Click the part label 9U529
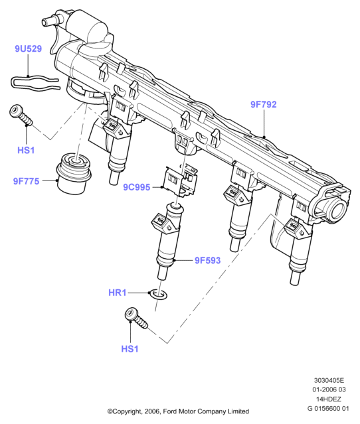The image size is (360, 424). pyautogui.click(x=28, y=48)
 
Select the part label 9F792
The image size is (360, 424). pyautogui.click(x=264, y=104)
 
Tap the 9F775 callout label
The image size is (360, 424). pyautogui.click(x=27, y=181)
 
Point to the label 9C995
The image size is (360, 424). pyautogui.click(x=137, y=187)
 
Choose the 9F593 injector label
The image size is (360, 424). pyautogui.click(x=208, y=260)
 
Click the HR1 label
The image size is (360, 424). pyautogui.click(x=118, y=293)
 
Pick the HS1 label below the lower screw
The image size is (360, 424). pyautogui.click(x=130, y=349)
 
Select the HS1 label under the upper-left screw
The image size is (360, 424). pyautogui.click(x=26, y=150)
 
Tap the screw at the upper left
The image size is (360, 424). pyautogui.click(x=21, y=115)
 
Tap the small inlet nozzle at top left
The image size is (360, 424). pyautogui.click(x=49, y=21)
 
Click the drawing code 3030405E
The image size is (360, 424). pyautogui.click(x=329, y=380)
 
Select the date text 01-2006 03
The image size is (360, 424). pyautogui.click(x=329, y=389)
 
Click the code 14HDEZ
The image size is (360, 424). pyautogui.click(x=329, y=399)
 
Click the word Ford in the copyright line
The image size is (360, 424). pyautogui.click(x=170, y=411)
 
